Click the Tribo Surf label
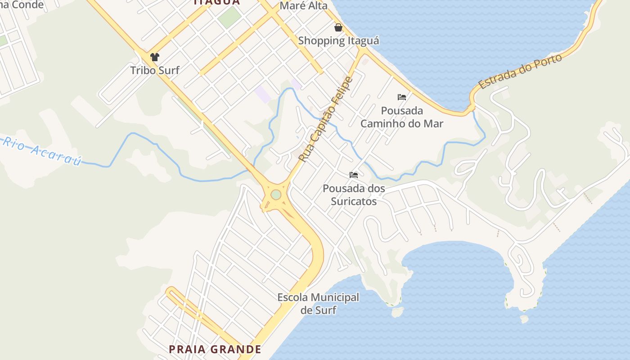(154, 70)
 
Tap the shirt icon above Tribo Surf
(155, 57)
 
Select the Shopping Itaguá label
(338, 40)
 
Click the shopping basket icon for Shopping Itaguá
(338, 27)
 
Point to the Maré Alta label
(303, 6)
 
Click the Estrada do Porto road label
(520, 72)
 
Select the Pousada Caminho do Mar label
(402, 117)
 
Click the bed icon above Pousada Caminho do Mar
(402, 97)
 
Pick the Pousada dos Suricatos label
(354, 194)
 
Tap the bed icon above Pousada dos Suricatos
(354, 175)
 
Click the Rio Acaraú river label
(43, 151)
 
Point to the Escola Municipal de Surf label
(318, 303)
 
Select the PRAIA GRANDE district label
(215, 349)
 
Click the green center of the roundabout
(276, 195)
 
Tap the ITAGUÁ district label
(216, 2)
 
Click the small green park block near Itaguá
(230, 17)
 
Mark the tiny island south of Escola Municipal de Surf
(396, 311)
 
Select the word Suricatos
(354, 201)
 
